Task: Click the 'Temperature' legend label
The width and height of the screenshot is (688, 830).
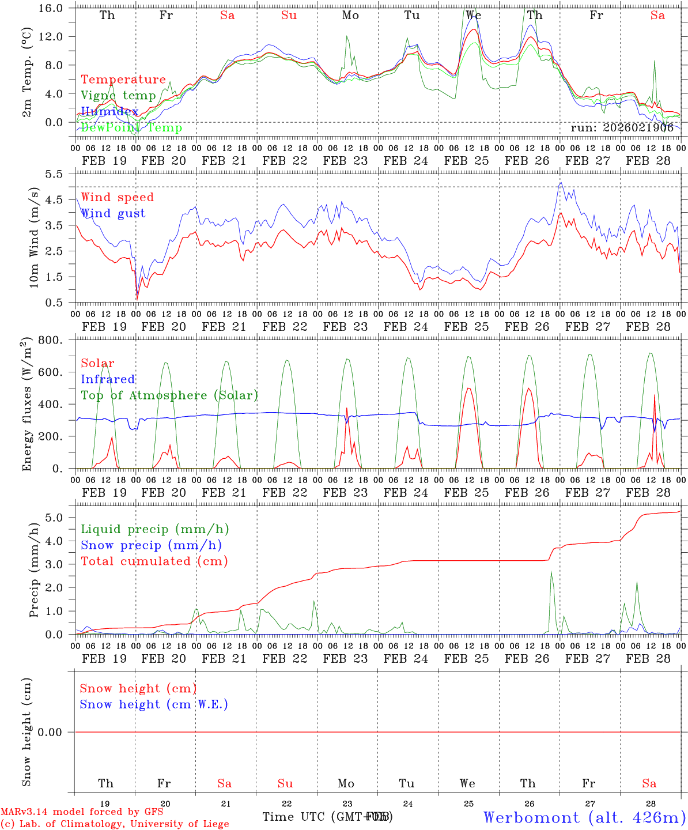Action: [x=123, y=80]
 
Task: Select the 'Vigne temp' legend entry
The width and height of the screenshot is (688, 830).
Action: [x=118, y=96]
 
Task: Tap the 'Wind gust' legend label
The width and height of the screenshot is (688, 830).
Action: [x=113, y=213]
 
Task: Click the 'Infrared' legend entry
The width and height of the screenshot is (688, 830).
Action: [x=108, y=379]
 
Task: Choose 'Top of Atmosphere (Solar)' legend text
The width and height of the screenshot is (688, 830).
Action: [x=169, y=395]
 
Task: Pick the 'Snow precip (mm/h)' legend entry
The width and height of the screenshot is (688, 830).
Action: [x=151, y=545]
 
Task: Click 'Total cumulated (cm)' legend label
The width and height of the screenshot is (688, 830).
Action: [x=154, y=561]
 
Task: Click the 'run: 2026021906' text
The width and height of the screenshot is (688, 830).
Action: [x=622, y=128]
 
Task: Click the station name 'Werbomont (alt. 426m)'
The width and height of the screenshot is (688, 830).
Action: [x=584, y=817]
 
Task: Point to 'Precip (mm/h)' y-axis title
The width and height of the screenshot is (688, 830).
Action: [x=34, y=570]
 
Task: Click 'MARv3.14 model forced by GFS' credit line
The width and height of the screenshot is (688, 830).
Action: [x=82, y=812]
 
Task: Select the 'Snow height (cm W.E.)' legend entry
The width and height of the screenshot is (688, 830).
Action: [x=154, y=704]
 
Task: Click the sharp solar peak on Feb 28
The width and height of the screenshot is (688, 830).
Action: [x=654, y=395]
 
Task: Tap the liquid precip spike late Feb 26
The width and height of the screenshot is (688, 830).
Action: [x=551, y=572]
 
